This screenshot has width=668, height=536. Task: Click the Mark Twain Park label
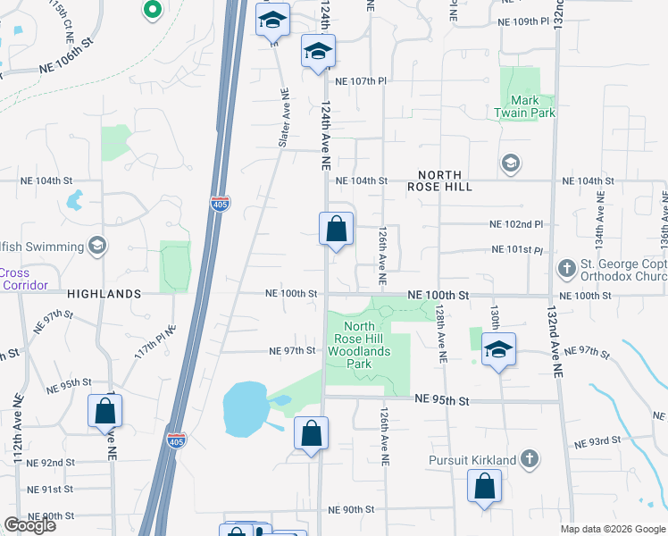tap(525, 106)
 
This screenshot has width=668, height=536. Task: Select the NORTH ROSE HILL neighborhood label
tap(434, 180)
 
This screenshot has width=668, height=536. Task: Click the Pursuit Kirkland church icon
tap(530, 459)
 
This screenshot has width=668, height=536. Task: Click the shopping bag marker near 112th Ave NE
tap(104, 411)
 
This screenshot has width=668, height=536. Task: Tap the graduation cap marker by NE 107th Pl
tap(317, 52)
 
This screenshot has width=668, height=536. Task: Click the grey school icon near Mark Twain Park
tap(510, 163)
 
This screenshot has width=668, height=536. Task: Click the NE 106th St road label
tap(66, 67)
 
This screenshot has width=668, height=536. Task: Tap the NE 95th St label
tap(442, 401)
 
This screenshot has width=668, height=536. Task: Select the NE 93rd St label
tap(598, 440)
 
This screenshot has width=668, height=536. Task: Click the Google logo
tap(29, 525)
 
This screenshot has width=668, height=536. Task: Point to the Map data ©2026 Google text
tap(613, 529)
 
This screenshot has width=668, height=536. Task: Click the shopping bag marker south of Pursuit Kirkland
tap(484, 488)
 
